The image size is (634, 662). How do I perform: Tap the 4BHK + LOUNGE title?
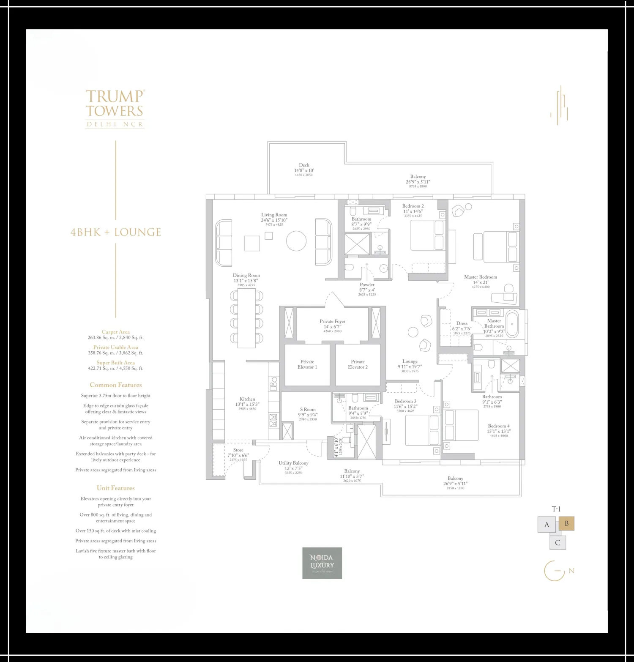tap(116, 232)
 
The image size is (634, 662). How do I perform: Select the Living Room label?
tap(274, 215)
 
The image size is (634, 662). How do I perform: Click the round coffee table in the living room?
tap(296, 241)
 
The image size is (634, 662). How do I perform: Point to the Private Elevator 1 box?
tap(307, 365)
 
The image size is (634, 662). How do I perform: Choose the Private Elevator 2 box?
tap(358, 365)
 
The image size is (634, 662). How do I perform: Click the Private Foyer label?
tap(332, 322)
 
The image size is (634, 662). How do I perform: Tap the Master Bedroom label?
tap(480, 277)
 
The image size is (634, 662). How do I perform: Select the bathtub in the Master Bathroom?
tap(512, 324)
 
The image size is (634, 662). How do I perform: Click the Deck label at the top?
tap(304, 165)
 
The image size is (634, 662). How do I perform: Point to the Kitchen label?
tap(247, 399)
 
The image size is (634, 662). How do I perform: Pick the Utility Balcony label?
tap(293, 463)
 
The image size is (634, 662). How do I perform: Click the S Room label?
tap(308, 410)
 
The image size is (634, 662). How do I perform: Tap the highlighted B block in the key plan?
tap(566, 524)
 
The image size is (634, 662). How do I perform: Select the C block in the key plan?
tap(557, 543)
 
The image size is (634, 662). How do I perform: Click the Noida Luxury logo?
tap(322, 563)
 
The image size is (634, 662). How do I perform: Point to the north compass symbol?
tap(555, 571)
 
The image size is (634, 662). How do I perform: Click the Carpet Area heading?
tap(115, 332)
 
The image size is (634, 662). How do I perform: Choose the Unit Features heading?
tap(115, 488)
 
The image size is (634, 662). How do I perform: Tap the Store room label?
tap(238, 450)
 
